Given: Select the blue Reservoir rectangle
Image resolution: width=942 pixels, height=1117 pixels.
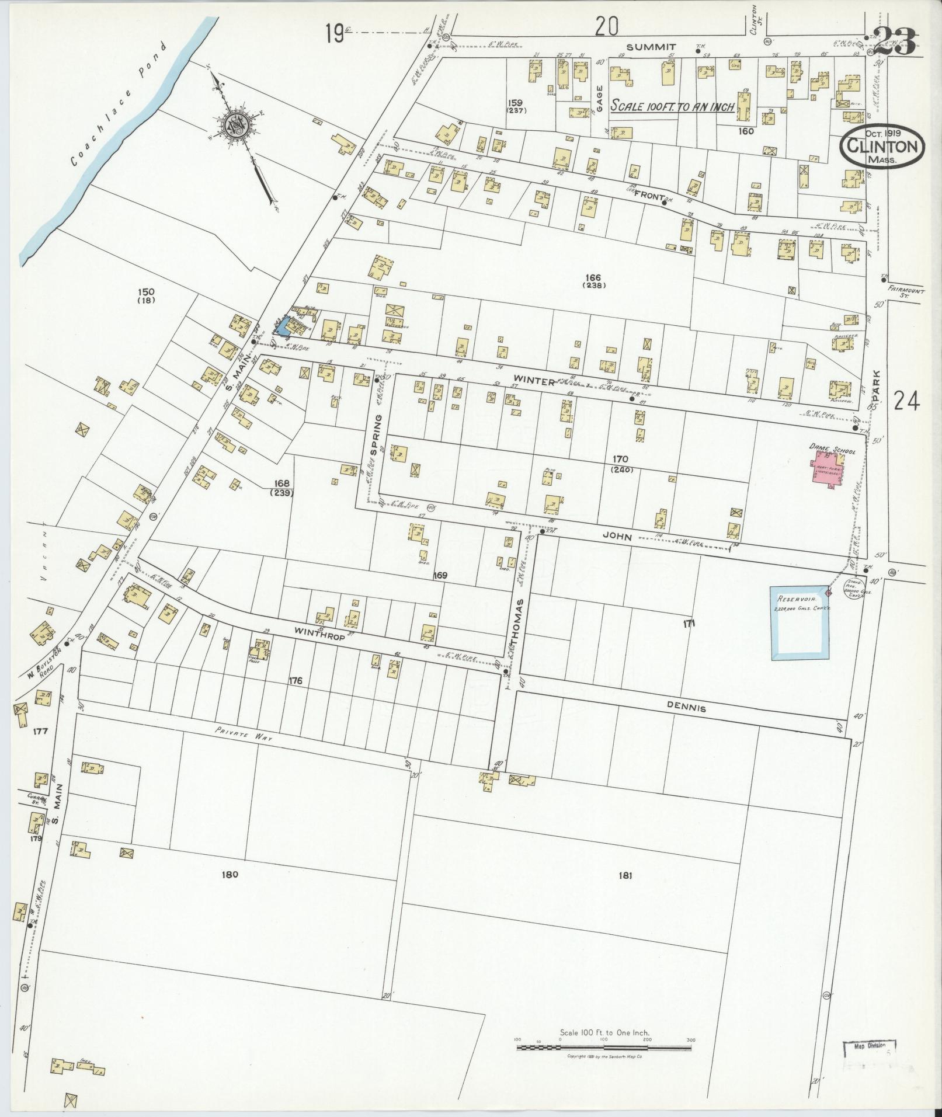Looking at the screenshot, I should click(x=800, y=623).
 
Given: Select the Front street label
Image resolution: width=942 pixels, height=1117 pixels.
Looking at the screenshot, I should click(x=645, y=197).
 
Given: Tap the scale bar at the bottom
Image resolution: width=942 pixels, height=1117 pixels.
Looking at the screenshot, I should click(x=604, y=1048).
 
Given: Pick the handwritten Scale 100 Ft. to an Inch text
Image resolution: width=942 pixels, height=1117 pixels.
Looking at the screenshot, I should click(x=671, y=107).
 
